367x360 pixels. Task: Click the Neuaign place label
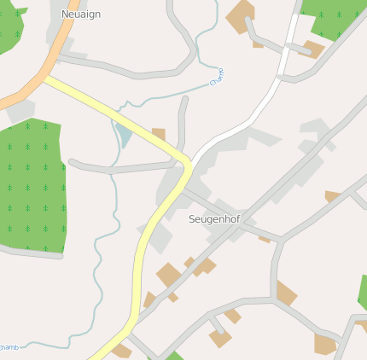pos(81,15)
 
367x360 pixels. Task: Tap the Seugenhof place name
pos(213,219)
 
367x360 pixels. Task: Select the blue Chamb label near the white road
pos(217,77)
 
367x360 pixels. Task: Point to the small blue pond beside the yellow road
pos(125,135)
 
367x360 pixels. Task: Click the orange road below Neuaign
pos(34,82)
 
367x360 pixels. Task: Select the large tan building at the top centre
pos(241,16)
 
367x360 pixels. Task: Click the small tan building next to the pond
pos(159,134)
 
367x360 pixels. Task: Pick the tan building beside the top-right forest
pos(314,49)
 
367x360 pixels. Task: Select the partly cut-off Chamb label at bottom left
pos(9,346)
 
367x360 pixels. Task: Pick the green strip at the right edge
pos(363,294)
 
